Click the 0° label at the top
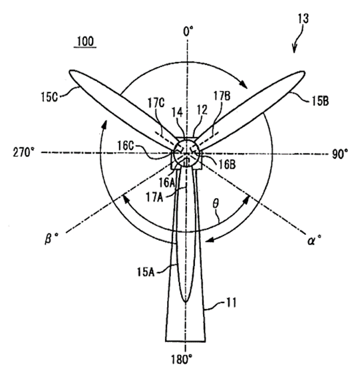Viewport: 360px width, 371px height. (188, 31)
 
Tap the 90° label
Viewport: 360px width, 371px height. (340, 154)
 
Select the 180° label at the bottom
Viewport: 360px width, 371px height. (182, 360)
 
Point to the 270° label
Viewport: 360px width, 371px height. (23, 152)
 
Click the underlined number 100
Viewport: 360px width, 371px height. (85, 42)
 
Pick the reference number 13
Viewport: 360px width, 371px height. (303, 19)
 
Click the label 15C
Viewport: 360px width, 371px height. (49, 97)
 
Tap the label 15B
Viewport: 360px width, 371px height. (320, 101)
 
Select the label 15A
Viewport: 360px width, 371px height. (146, 272)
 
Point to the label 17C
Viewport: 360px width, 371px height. (156, 103)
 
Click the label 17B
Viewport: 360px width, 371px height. (222, 96)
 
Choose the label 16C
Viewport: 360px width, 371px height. (126, 146)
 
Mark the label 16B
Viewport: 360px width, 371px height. (227, 164)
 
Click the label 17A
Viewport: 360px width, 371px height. (154, 197)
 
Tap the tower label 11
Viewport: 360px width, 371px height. (232, 303)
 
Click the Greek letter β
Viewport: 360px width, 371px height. (49, 238)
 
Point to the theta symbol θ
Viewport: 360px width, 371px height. (216, 203)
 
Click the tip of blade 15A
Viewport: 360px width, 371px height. (186, 302)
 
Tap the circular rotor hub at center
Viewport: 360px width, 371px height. (187, 154)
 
